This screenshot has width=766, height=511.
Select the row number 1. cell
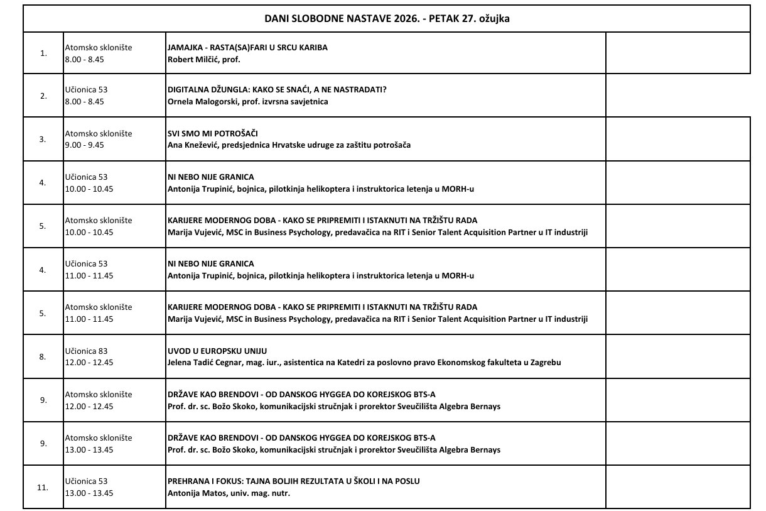click(43, 53)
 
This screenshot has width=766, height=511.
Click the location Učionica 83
click(87, 351)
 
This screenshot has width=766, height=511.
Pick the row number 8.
click(43, 357)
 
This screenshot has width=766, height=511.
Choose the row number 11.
click(43, 487)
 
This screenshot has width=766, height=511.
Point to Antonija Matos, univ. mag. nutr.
click(229, 493)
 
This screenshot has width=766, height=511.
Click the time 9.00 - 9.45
click(85, 145)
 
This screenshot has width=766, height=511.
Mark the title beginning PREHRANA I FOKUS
click(294, 481)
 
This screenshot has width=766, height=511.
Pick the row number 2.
click(43, 96)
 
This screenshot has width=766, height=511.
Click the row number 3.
click(43, 140)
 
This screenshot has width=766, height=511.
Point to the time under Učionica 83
click(89, 363)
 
